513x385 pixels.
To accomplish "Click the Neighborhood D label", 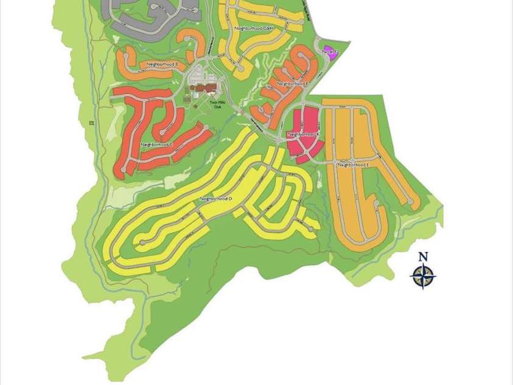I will [x=217, y=199].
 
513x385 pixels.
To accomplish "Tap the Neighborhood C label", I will [x=157, y=144].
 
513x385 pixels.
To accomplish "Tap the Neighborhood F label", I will [x=293, y=83].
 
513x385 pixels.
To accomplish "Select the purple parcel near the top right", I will [x=329, y=50].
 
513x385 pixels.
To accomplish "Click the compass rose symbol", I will [x=423, y=276].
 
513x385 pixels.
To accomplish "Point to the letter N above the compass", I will [x=423, y=257].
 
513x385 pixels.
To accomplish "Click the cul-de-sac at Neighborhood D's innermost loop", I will [x=142, y=242].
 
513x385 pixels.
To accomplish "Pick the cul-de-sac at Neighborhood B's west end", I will [x=126, y=55].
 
